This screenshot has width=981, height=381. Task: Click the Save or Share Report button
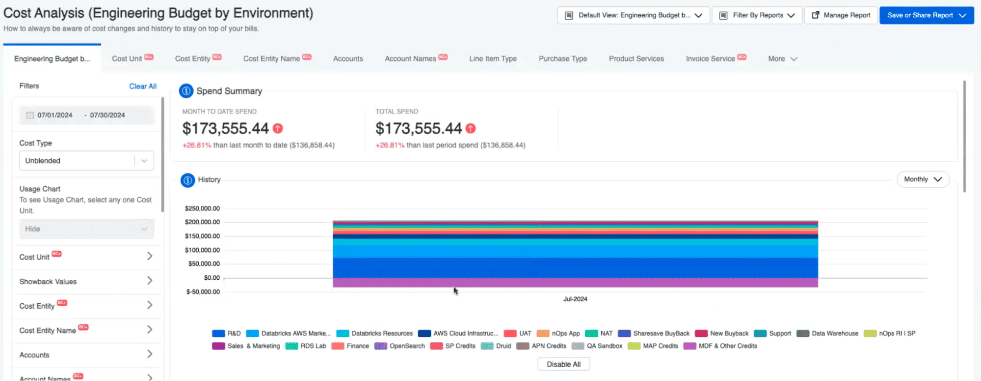926,15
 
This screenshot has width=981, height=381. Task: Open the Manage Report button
841,15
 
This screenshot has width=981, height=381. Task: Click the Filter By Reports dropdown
757,15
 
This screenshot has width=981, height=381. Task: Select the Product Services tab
636,59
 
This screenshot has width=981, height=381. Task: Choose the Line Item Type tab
493,59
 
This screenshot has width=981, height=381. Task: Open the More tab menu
782,59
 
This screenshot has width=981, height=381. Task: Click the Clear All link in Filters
143,86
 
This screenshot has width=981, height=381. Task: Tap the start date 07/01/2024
55,115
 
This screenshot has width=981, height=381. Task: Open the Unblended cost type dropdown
86,161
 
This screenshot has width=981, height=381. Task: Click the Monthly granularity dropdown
923,179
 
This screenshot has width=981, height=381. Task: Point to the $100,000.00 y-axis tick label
202,250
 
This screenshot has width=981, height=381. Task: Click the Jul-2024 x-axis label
575,299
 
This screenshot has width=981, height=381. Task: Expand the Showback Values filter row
86,282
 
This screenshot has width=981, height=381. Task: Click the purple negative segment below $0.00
575,283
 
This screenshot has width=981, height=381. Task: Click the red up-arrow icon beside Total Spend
471,128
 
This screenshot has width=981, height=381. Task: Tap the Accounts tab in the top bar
348,59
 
